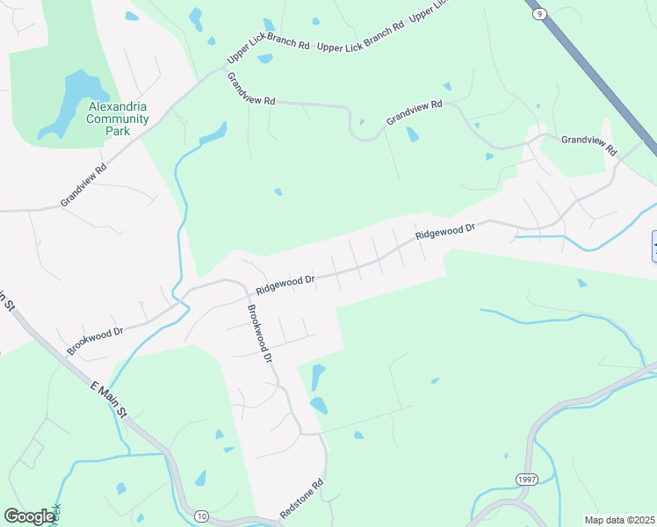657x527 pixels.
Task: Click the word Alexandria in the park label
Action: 118,107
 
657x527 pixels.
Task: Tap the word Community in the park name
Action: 118,119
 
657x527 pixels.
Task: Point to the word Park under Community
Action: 118,131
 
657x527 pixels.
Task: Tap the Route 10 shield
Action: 202,516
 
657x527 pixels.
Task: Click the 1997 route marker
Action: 526,479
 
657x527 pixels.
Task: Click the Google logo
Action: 29,516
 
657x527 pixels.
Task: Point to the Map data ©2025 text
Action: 619,519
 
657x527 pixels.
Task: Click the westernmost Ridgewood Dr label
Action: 285,285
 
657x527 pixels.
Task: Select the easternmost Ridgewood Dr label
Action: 444,232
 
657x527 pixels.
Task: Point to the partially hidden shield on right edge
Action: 653,245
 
